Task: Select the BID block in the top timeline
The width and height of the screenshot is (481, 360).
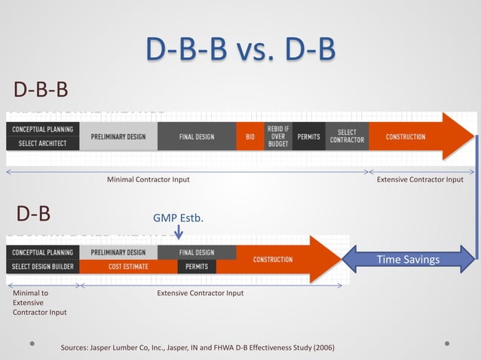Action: pos(250,137)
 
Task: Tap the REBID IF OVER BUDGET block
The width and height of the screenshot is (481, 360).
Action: pos(278,136)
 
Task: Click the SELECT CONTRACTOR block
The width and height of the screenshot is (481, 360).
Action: pos(347,136)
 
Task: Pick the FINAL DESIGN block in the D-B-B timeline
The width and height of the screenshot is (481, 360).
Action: pos(197,137)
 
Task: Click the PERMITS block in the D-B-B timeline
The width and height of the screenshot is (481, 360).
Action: pos(309,137)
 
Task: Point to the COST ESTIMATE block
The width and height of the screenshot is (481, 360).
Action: pos(127,267)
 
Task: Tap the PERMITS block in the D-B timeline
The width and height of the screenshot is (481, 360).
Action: pos(198,267)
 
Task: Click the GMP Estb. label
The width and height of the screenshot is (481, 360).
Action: pos(179,218)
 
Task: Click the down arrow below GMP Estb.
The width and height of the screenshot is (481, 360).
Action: pos(179,233)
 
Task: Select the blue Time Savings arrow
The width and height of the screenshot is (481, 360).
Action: pos(409,260)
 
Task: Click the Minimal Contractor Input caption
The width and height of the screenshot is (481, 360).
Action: pos(148,179)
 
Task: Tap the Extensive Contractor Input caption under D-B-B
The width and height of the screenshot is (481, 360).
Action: pos(420,179)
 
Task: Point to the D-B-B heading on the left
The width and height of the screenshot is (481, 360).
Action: pos(41,90)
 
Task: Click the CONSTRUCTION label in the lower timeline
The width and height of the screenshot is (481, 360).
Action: pos(273,259)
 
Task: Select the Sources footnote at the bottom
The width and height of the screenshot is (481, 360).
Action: pos(198,347)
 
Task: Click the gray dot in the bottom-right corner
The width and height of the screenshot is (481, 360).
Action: pos(447,343)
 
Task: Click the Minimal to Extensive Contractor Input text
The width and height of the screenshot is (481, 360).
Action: pos(39,302)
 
